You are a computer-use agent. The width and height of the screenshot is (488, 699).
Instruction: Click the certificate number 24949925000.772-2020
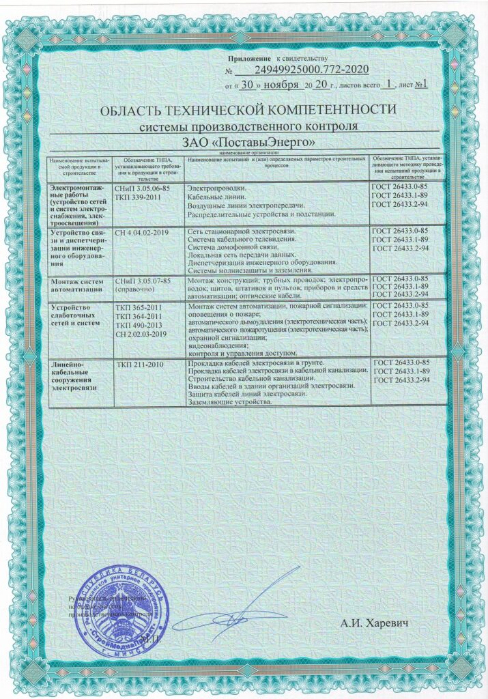tap(311, 70)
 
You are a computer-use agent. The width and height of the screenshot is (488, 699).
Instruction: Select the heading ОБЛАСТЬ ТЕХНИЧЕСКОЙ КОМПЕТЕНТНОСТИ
tap(248, 111)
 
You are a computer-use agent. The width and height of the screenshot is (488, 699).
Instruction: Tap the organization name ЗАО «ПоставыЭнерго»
tap(248, 142)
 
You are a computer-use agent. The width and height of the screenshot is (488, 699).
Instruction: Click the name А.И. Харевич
tap(377, 624)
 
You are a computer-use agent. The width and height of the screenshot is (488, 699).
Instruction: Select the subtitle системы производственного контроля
tap(248, 127)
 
